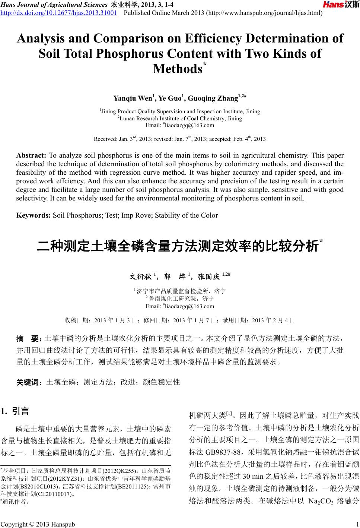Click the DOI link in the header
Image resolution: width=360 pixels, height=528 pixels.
pos(59,13)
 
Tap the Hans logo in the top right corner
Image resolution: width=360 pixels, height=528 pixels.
pos(341,5)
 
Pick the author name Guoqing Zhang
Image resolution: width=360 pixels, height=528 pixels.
pos(213,99)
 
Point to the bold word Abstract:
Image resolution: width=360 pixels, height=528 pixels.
pos(31,155)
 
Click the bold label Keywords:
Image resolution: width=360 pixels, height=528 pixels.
pos(34,215)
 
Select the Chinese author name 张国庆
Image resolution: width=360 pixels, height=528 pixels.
pos(210,277)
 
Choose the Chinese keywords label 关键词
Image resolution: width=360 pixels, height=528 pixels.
pos(29,382)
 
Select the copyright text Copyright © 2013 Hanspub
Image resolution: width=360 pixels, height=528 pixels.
pos(38,524)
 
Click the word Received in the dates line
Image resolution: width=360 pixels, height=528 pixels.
pos(106,139)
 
